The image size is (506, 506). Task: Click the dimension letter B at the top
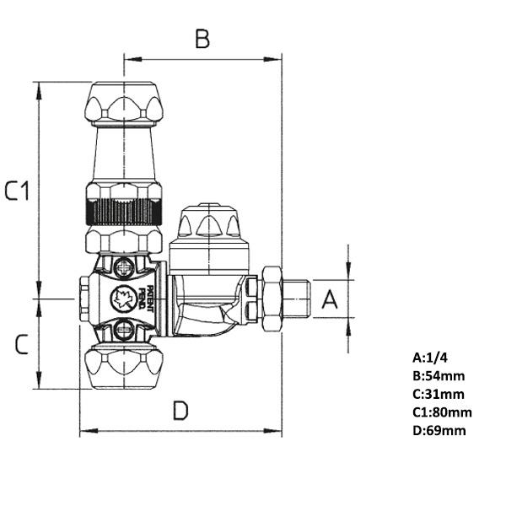point(202,39)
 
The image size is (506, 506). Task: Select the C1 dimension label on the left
point(18,191)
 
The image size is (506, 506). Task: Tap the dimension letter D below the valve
point(180,411)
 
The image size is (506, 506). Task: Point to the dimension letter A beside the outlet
point(331,299)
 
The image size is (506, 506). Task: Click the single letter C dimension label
point(23,343)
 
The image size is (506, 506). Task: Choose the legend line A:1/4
point(430,358)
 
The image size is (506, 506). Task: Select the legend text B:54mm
point(439,376)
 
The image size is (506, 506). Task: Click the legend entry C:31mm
point(439,394)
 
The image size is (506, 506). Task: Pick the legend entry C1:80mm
point(442,412)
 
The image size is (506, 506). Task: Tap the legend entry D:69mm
point(439,430)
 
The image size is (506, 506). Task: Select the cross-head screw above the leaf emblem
point(124,269)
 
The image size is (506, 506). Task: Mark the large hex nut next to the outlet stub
point(272,299)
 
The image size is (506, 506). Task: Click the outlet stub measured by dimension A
point(297,299)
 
